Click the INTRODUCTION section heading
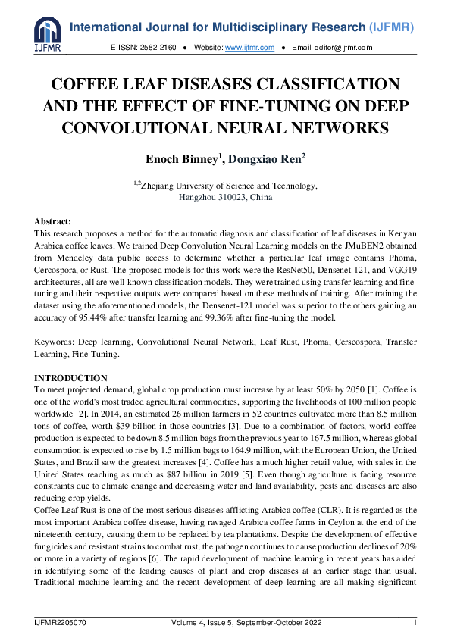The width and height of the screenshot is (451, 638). coord(71,378)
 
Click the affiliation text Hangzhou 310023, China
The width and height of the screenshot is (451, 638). coord(225,197)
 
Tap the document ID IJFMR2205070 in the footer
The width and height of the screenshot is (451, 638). coord(60,623)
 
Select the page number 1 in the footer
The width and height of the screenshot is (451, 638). coord(415,623)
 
